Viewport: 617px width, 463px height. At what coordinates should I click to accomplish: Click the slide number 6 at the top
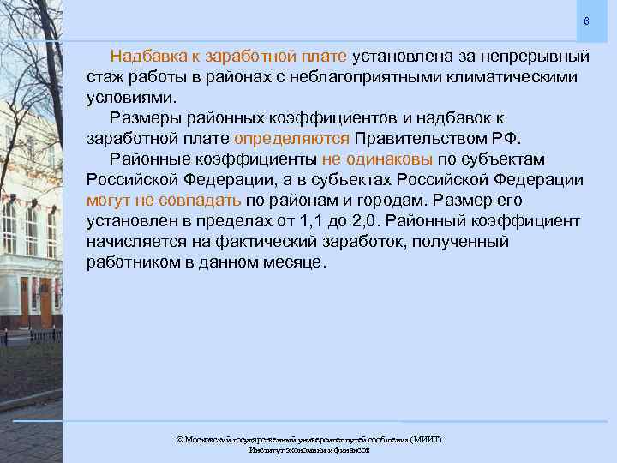pos(586,21)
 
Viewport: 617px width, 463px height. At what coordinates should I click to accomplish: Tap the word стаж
pos(104,77)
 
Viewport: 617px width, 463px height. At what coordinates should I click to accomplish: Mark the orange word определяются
pos(291,139)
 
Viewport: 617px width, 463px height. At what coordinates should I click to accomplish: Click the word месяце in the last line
pos(294,262)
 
